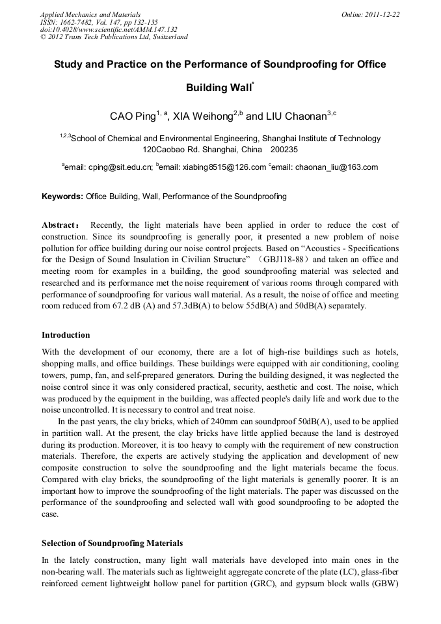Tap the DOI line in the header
(x=109, y=29)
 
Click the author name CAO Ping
(x=133, y=116)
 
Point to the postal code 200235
(x=284, y=148)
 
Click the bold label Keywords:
(x=62, y=196)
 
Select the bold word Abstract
(x=60, y=225)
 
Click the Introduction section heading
(x=66, y=335)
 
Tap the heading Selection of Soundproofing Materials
(x=112, y=543)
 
